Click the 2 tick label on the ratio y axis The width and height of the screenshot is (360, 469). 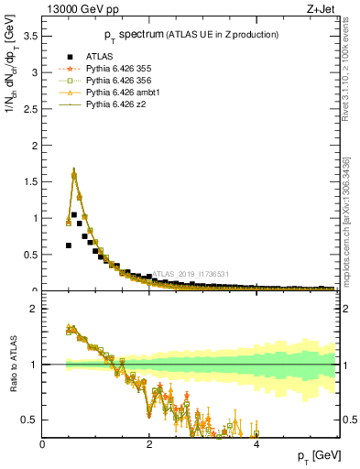(34, 309)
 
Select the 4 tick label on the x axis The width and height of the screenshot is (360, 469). (256, 444)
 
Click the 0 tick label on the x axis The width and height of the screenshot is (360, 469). (43, 444)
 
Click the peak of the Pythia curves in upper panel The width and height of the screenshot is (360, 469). (73, 173)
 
